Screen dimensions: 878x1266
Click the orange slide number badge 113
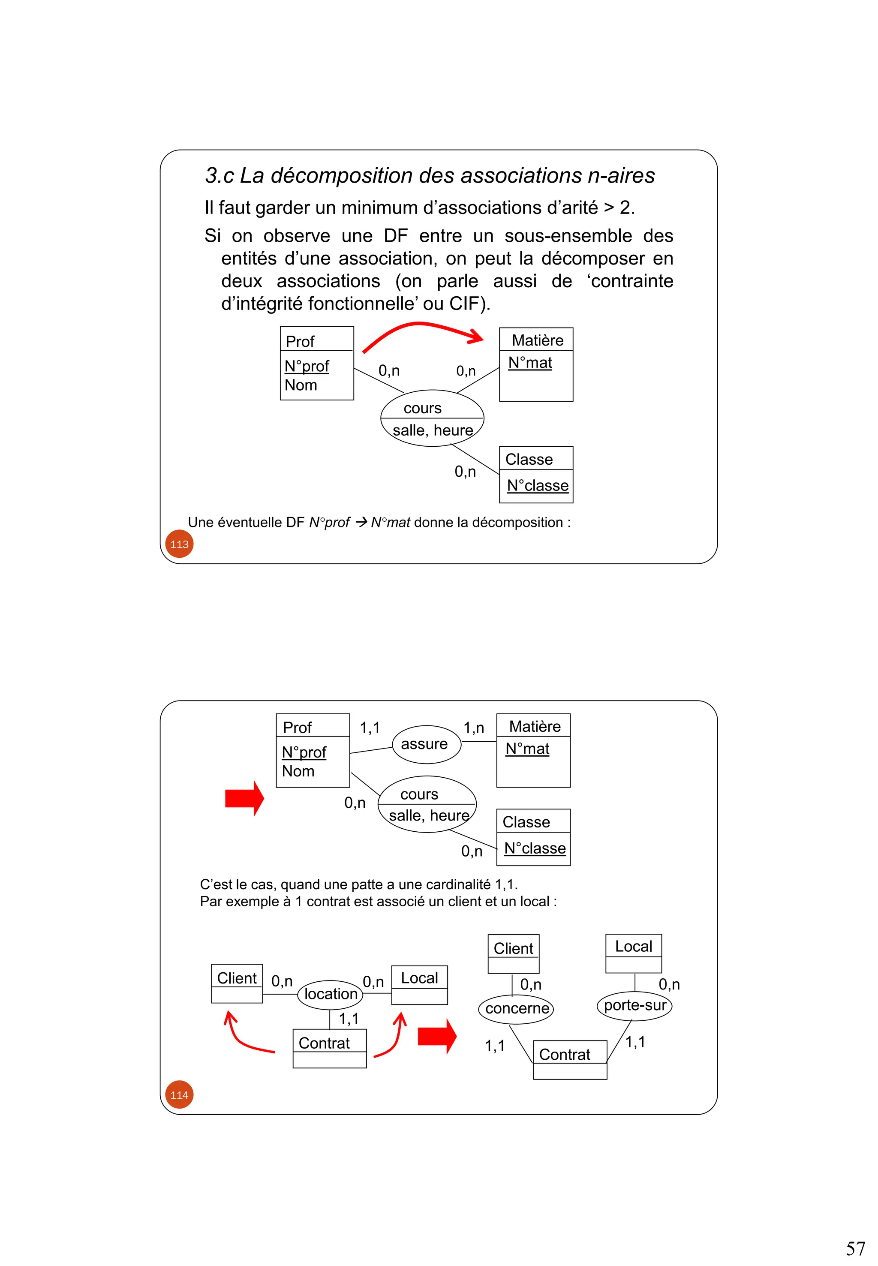click(179, 544)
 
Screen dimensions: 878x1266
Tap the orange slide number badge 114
click(179, 1095)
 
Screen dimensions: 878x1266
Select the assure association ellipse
click(426, 744)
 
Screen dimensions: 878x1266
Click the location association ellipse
click(330, 994)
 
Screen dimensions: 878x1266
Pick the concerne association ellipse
click(516, 1008)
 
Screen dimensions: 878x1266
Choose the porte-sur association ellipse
click(634, 1005)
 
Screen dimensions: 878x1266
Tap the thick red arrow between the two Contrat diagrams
click(437, 1036)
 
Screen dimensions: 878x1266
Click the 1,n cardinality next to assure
click(474, 728)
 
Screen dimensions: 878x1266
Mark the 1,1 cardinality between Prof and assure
click(370, 728)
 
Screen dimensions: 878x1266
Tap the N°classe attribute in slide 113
click(538, 486)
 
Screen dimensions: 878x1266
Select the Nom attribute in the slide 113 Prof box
click(301, 385)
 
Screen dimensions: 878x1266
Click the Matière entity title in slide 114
click(535, 727)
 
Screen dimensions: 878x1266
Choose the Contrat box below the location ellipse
click(330, 1048)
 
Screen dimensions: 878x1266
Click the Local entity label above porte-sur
click(634, 946)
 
